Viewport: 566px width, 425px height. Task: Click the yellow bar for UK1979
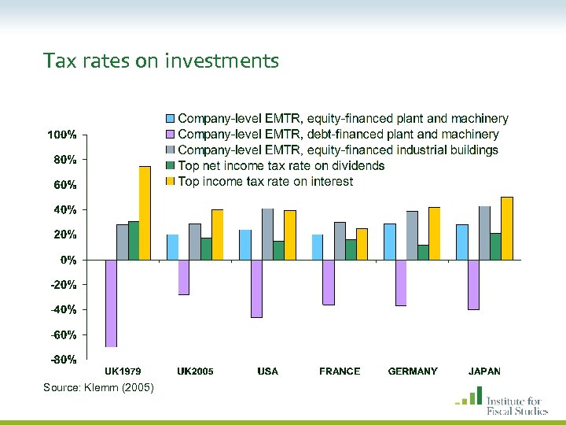pos(145,213)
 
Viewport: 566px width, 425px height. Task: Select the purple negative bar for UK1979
pos(111,303)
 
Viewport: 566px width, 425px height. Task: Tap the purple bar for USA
pos(256,288)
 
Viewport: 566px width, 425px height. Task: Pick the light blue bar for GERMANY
pos(390,242)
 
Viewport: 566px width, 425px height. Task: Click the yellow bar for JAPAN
pos(506,228)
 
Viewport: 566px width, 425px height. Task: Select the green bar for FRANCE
pos(351,249)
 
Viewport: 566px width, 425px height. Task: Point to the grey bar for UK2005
pos(195,242)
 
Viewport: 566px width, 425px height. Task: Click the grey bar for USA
pos(267,234)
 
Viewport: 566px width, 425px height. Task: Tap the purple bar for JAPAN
pos(473,284)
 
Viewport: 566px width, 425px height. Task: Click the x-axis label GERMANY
pos(413,371)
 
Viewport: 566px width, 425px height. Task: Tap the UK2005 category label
pos(195,371)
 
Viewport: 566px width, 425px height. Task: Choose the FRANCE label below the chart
pos(340,371)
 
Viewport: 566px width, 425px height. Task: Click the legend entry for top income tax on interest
pos(265,182)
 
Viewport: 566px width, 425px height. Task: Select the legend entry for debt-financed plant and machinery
pos(338,135)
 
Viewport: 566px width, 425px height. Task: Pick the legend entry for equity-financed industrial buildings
pos(338,150)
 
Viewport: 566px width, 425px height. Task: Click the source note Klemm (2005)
pos(99,388)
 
